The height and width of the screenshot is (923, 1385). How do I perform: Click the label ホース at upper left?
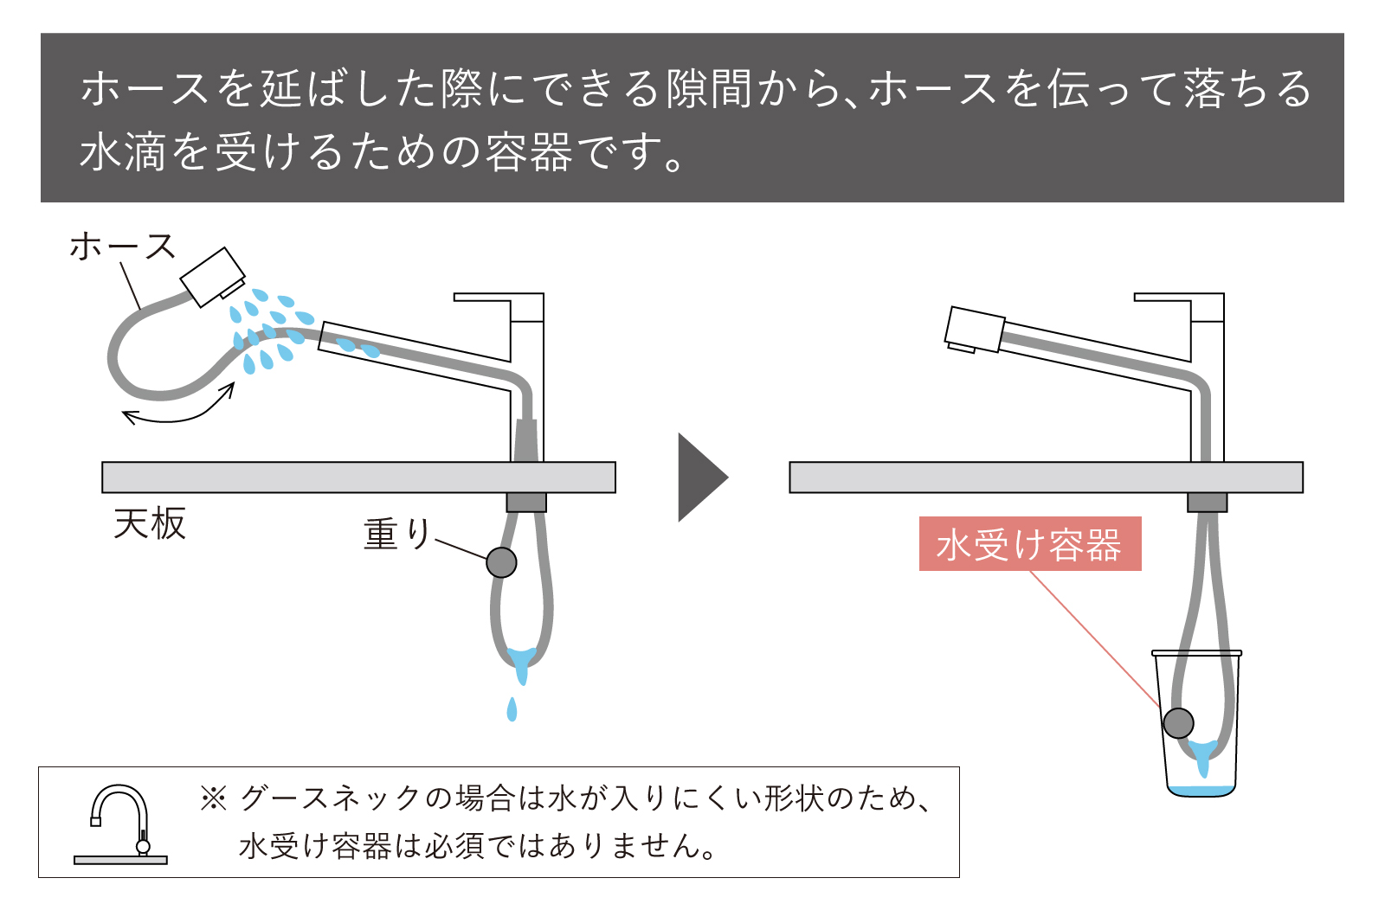pyautogui.click(x=122, y=247)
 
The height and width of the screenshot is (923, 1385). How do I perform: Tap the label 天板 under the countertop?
pyautogui.click(x=150, y=523)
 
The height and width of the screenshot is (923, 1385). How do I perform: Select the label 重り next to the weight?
pyautogui.click(x=396, y=534)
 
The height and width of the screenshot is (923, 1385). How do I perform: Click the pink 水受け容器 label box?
pyautogui.click(x=1029, y=544)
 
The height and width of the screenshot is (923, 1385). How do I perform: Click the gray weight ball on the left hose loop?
pyautogui.click(x=501, y=562)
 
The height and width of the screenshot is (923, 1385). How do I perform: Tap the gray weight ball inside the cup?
pyautogui.click(x=1178, y=722)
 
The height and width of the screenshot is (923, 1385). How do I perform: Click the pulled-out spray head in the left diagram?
pyautogui.click(x=212, y=277)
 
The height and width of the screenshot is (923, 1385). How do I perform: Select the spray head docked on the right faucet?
pyautogui.click(x=974, y=330)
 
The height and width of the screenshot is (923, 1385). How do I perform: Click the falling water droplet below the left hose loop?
pyautogui.click(x=512, y=709)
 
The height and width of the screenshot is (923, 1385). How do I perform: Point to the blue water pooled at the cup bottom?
pyautogui.click(x=1201, y=791)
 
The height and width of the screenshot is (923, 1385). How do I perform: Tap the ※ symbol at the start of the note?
pyautogui.click(x=213, y=798)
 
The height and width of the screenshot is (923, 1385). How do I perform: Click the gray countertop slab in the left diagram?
pyautogui.click(x=358, y=478)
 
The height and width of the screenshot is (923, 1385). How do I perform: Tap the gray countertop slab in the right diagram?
pyautogui.click(x=1045, y=478)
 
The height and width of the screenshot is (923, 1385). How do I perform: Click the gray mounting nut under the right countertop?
pyautogui.click(x=1207, y=502)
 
